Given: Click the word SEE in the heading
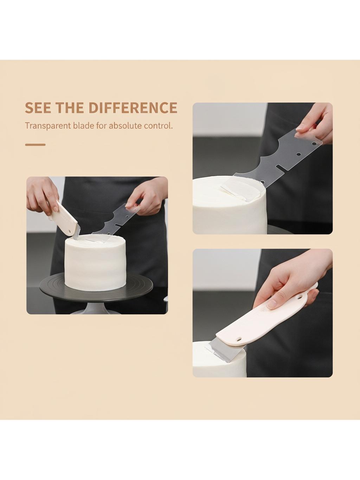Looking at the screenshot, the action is pyautogui.click(x=38, y=108).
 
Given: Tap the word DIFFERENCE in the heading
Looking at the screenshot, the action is pyautogui.click(x=133, y=108).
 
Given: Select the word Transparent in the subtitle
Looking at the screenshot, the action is pyautogui.click(x=48, y=126).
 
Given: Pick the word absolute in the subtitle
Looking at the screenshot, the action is pyautogui.click(x=125, y=126).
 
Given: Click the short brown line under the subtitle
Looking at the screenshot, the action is pyautogui.click(x=35, y=145).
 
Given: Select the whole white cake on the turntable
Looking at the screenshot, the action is pyautogui.click(x=95, y=262).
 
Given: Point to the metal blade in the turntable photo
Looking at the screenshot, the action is pyautogui.click(x=77, y=235).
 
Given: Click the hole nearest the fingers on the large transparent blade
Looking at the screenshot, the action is pyautogui.click(x=314, y=144).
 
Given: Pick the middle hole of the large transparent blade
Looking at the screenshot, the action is pyautogui.click(x=298, y=154).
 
